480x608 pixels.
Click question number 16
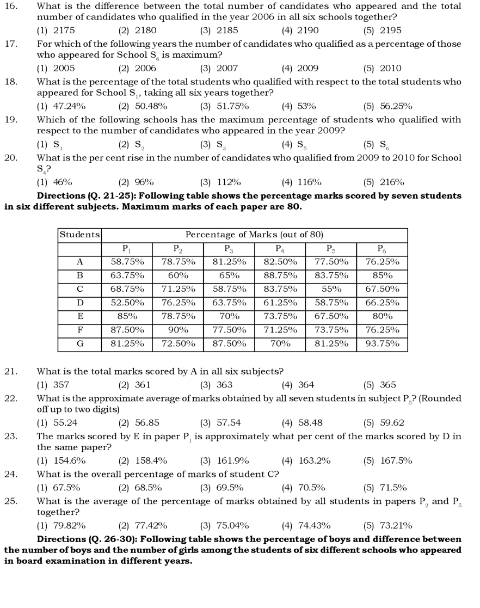[x=11, y=7]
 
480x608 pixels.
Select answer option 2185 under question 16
[x=219, y=30]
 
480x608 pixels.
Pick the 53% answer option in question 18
[x=299, y=106]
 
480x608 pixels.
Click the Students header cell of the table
[x=79, y=235]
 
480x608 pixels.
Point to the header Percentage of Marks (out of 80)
[x=254, y=235]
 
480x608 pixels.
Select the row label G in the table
[x=79, y=344]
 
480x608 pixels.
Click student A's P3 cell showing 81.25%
[x=229, y=262]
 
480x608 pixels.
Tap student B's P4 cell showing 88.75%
[x=280, y=275]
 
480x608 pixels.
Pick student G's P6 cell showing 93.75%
[x=382, y=344]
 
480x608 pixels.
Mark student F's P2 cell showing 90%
[x=178, y=330]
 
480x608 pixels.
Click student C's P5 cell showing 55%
[x=331, y=289]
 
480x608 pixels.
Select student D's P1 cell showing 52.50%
[x=127, y=303]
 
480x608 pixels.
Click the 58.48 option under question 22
[x=302, y=423]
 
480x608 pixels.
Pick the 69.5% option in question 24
[x=221, y=488]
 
